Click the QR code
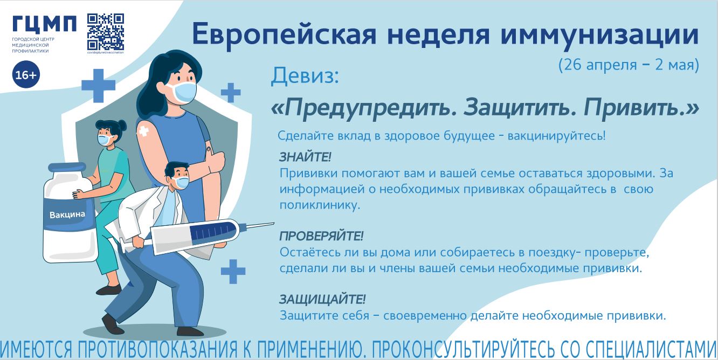(106, 32)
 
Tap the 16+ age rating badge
(26, 74)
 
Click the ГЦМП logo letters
(44, 24)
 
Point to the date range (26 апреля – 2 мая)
(629, 65)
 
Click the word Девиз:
(305, 76)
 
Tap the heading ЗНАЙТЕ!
(305, 157)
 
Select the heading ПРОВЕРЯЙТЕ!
(321, 236)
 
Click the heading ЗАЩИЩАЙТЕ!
(322, 300)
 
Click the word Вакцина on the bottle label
(67, 214)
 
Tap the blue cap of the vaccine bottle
(67, 168)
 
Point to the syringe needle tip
(273, 223)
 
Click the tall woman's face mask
(182, 92)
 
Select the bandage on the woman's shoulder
(143, 131)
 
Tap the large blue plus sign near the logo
(99, 86)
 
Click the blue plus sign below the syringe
(233, 272)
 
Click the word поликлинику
(320, 205)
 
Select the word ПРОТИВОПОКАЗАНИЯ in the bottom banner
(157, 349)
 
